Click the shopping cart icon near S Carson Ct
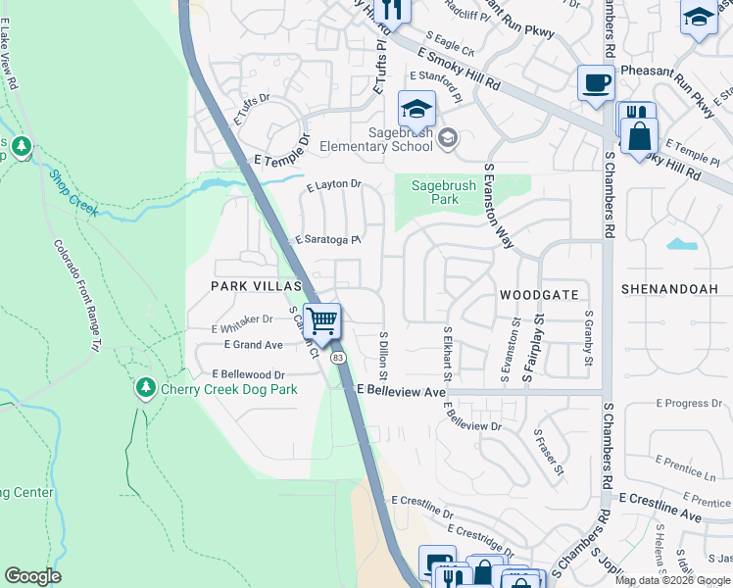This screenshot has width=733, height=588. pos(322,320)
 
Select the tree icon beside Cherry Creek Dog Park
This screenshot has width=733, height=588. pos(146,389)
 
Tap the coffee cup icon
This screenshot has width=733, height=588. pos(595,82)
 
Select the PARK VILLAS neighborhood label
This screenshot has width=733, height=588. pos(246,285)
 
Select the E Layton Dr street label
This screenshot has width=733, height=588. pos(334,184)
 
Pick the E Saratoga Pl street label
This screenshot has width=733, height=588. pos(329,240)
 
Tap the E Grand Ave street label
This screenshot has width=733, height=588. pos(253,345)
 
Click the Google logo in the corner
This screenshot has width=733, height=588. pos(33,576)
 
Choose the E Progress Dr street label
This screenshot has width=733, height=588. pos(688,403)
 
